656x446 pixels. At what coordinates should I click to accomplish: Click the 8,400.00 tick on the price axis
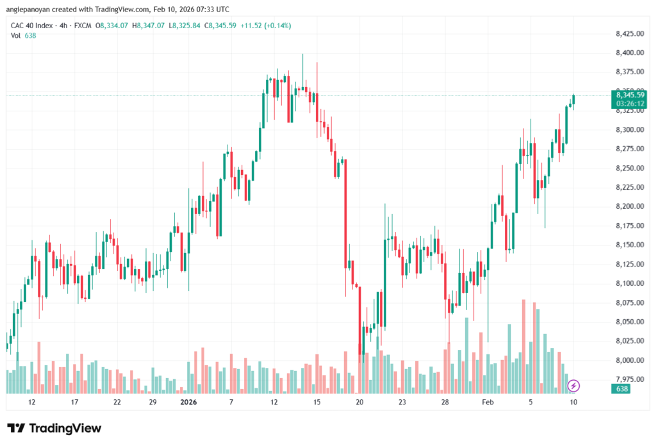pyautogui.click(x=628, y=53)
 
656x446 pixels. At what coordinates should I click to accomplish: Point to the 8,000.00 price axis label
pyautogui.click(x=628, y=360)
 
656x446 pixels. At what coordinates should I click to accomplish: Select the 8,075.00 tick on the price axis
pyautogui.click(x=628, y=302)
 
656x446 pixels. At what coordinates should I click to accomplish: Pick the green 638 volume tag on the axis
pyautogui.click(x=621, y=389)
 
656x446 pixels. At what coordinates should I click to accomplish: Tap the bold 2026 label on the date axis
pyautogui.click(x=188, y=402)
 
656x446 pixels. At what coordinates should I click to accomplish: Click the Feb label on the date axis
pyautogui.click(x=488, y=402)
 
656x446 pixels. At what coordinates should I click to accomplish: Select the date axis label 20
pyautogui.click(x=359, y=402)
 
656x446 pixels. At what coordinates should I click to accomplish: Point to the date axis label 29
pyautogui.click(x=152, y=402)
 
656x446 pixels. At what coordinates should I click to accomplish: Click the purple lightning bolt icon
pyautogui.click(x=574, y=385)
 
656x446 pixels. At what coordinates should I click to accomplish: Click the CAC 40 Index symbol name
pyautogui.click(x=33, y=26)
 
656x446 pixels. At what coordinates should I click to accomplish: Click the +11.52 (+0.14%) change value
pyautogui.click(x=266, y=26)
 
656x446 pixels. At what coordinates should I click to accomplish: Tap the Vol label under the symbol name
pyautogui.click(x=15, y=35)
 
